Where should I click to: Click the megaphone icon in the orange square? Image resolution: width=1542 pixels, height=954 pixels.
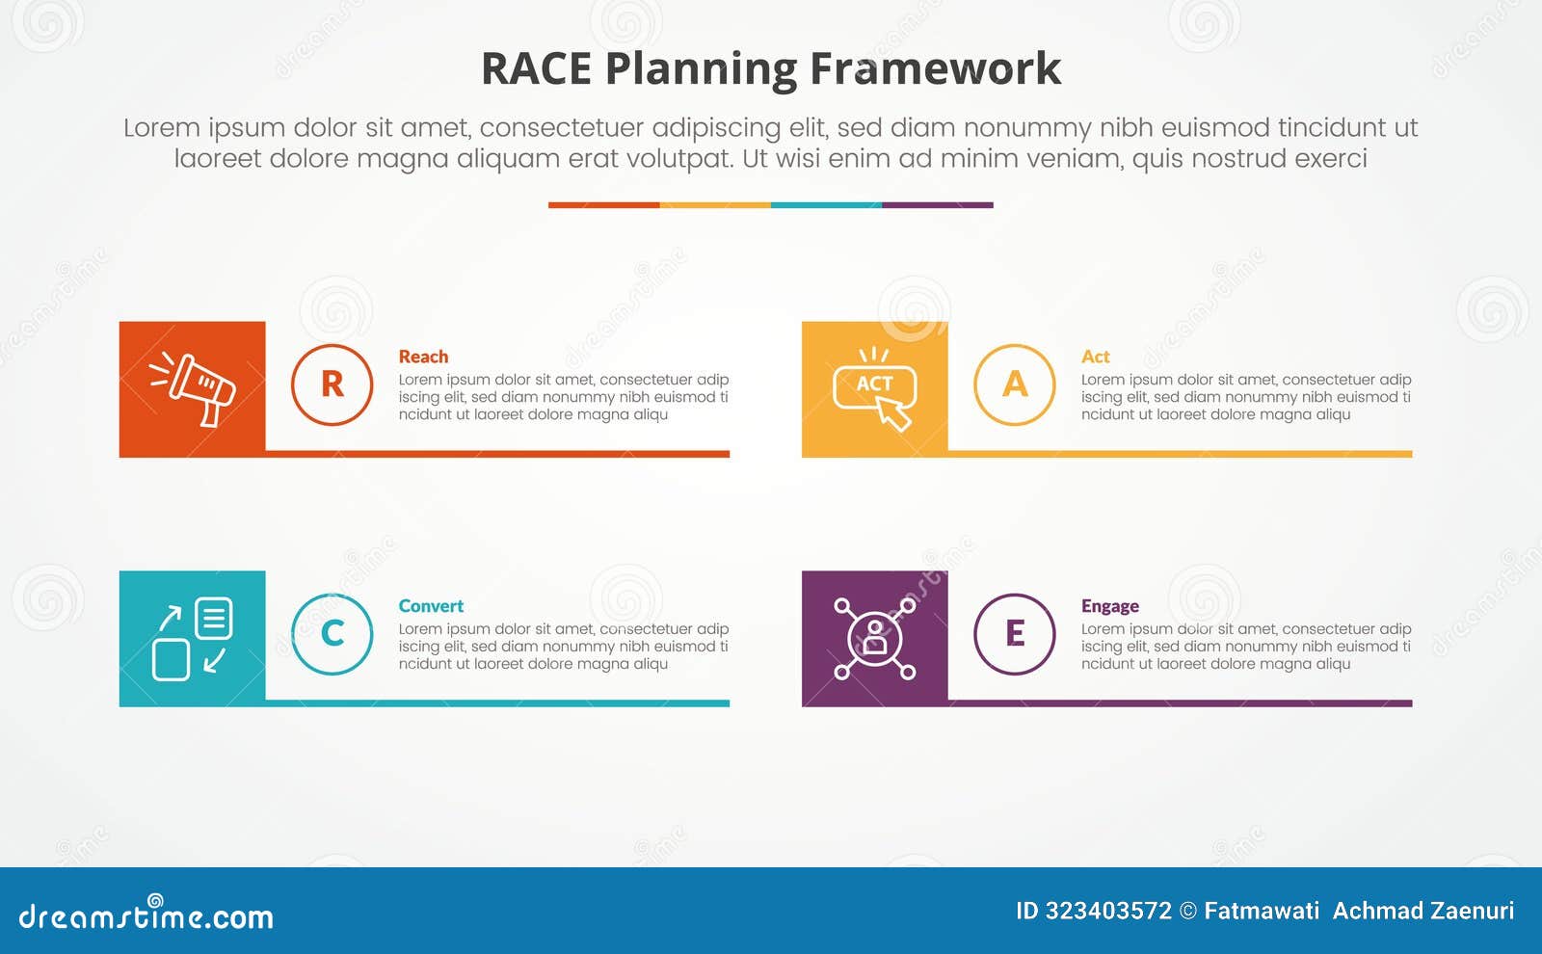tap(193, 388)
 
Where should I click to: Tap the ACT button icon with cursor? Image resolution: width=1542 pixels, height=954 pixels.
tap(874, 388)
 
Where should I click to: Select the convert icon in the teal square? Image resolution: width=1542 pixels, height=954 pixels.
tap(193, 638)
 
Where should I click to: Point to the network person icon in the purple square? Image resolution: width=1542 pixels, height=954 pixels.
tap(874, 638)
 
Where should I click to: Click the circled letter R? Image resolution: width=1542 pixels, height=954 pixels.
tap(332, 384)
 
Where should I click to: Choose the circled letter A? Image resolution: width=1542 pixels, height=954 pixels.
tap(1015, 384)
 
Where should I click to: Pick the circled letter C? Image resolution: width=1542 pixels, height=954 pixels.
tap(332, 634)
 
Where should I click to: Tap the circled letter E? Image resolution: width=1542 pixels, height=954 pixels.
tap(1015, 634)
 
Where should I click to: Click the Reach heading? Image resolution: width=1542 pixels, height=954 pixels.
tap(423, 357)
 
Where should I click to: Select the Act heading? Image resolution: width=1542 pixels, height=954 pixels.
tap(1095, 357)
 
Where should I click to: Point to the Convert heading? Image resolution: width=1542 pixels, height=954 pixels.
tap(431, 606)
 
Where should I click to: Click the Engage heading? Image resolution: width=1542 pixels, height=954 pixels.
tap(1109, 606)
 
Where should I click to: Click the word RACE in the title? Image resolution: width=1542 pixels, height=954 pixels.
tap(536, 69)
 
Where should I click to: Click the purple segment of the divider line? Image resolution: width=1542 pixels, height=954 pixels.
tap(937, 205)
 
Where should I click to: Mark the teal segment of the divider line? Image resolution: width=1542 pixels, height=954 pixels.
tap(826, 205)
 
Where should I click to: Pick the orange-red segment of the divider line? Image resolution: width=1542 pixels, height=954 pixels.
tap(603, 205)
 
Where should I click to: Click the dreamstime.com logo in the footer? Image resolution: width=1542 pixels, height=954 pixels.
tap(146, 915)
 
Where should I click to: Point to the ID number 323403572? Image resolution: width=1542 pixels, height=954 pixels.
tap(1108, 911)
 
